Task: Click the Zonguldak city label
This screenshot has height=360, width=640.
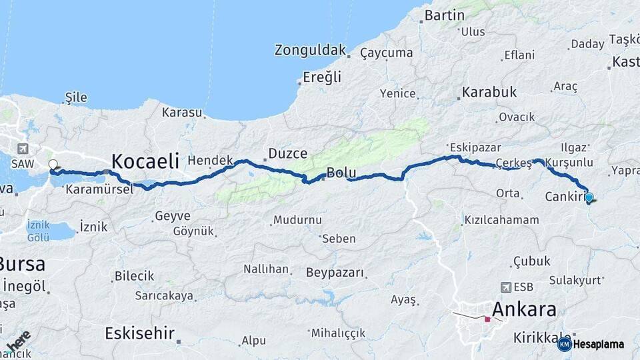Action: click(x=311, y=50)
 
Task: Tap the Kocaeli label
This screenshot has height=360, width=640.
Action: click(x=145, y=161)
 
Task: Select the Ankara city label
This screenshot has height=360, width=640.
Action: click(x=524, y=309)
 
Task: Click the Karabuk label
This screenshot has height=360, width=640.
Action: click(x=489, y=92)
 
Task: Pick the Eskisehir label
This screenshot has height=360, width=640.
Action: click(x=139, y=333)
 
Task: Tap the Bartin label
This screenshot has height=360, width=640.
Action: click(x=444, y=15)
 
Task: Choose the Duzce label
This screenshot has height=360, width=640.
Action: click(x=287, y=154)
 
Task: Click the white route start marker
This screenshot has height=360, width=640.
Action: click(x=53, y=164)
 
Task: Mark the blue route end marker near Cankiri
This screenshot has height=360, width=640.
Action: click(x=589, y=197)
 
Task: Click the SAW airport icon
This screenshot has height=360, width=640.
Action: click(x=23, y=148)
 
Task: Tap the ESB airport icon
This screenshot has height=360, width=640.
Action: click(x=505, y=287)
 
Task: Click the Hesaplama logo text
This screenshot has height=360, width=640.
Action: click(x=598, y=344)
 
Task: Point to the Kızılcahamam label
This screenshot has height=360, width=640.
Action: click(x=501, y=219)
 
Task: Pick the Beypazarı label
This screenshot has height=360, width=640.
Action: click(x=335, y=273)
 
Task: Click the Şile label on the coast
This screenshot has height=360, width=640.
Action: click(x=76, y=97)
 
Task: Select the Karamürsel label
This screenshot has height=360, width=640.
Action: click(x=99, y=189)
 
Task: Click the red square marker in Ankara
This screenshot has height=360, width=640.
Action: click(x=487, y=319)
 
